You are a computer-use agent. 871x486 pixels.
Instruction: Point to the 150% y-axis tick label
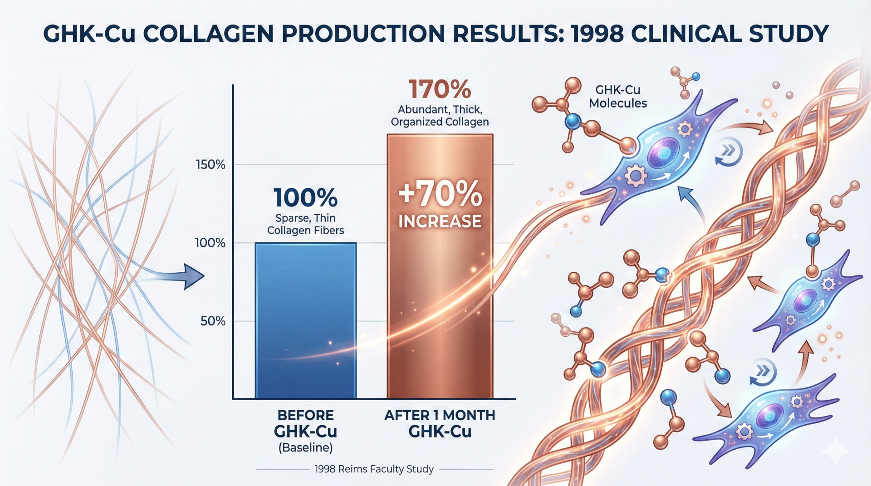[x=210, y=164]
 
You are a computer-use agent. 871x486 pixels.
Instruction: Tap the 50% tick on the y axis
[x=213, y=321]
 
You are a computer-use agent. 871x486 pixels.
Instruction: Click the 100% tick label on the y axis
[x=210, y=243]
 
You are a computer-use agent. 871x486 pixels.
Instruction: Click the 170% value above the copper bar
[x=440, y=89]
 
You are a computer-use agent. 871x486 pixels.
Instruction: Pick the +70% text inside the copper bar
[x=440, y=194]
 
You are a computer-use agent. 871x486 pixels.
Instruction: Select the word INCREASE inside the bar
[x=440, y=221]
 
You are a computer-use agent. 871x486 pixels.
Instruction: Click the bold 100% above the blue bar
[x=305, y=198]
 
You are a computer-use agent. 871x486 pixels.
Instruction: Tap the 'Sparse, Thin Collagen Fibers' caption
[x=305, y=224]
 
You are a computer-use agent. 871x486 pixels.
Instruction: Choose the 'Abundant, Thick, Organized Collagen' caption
[x=440, y=116]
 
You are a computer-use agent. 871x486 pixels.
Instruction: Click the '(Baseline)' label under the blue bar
[x=305, y=448]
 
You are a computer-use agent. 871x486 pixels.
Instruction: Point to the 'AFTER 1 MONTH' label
[x=440, y=415]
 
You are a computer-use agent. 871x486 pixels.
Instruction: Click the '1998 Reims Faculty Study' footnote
[x=374, y=469]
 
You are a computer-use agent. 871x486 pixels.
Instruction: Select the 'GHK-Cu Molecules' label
[x=618, y=97]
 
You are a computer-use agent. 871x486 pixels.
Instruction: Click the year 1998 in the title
[x=596, y=34]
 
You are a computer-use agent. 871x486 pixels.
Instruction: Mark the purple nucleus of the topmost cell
[x=664, y=153]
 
